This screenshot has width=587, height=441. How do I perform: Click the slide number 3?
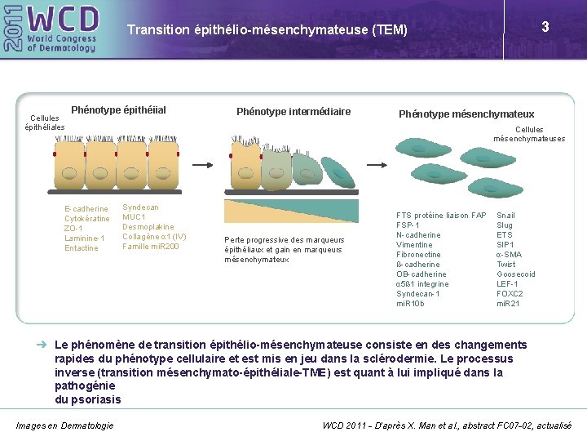pyautogui.click(x=545, y=27)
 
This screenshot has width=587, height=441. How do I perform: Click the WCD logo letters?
pyautogui.click(x=63, y=18)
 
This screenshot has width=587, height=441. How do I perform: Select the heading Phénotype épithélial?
pyautogui.click(x=118, y=110)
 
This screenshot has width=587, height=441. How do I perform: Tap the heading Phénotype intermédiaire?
pyautogui.click(x=293, y=111)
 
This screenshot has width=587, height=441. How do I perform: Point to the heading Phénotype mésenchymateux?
pyautogui.click(x=466, y=114)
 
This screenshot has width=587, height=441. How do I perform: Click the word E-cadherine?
pyautogui.click(x=86, y=209)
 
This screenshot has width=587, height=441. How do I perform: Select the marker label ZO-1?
pyautogui.click(x=73, y=229)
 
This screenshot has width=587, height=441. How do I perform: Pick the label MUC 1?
pyautogui.click(x=134, y=217)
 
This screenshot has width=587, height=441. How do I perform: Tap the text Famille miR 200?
pyautogui.click(x=151, y=247)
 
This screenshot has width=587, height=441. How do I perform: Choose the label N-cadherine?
pyautogui.click(x=418, y=235)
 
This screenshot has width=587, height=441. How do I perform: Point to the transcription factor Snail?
pyautogui.click(x=505, y=216)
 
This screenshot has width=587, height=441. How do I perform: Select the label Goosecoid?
pyautogui.click(x=516, y=274)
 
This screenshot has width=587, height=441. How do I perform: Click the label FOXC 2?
pyautogui.click(x=510, y=294)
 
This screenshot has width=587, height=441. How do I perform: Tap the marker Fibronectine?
pyautogui.click(x=418, y=255)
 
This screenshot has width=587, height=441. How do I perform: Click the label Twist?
pyautogui.click(x=506, y=265)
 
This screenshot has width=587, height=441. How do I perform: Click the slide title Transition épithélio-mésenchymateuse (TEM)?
pyautogui.click(x=267, y=30)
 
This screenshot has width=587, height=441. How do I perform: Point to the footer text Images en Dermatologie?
pyautogui.click(x=65, y=425)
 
